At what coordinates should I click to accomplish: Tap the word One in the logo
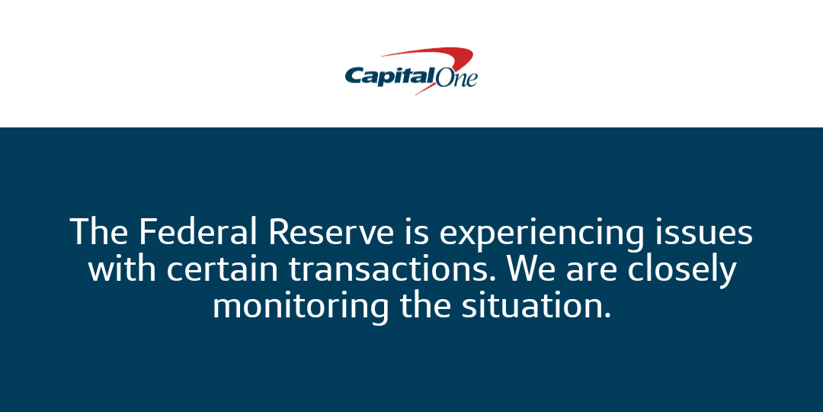pos(456,77)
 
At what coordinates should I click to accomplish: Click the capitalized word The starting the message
pos(98,232)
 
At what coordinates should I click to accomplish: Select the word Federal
pos(198,232)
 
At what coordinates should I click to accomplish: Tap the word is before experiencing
pos(417,232)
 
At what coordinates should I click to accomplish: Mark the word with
pos(122,269)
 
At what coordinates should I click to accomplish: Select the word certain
pos(223,269)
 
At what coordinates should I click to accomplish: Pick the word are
pos(591,272)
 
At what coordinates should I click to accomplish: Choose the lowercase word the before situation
pos(426,306)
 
